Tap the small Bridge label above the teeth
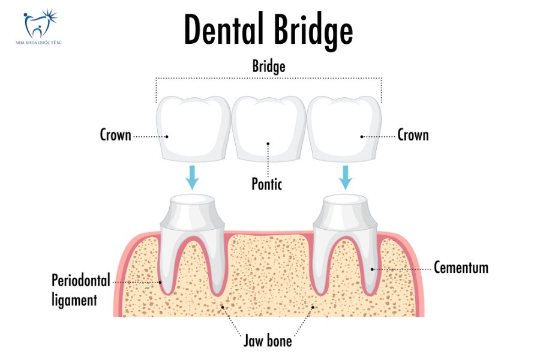pos(268,67)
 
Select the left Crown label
pos(115,135)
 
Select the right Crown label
pos(413,135)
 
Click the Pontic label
pos(267,184)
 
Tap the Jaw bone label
pos(268,341)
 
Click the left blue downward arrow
pos(192,176)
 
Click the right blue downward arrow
pos(345,176)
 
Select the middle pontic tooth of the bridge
pos(268,129)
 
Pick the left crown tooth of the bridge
pos(193,129)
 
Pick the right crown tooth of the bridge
pos(344,129)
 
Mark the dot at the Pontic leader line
pos(268,144)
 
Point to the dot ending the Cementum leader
pos(373,269)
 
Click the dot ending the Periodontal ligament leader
pos(161,281)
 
